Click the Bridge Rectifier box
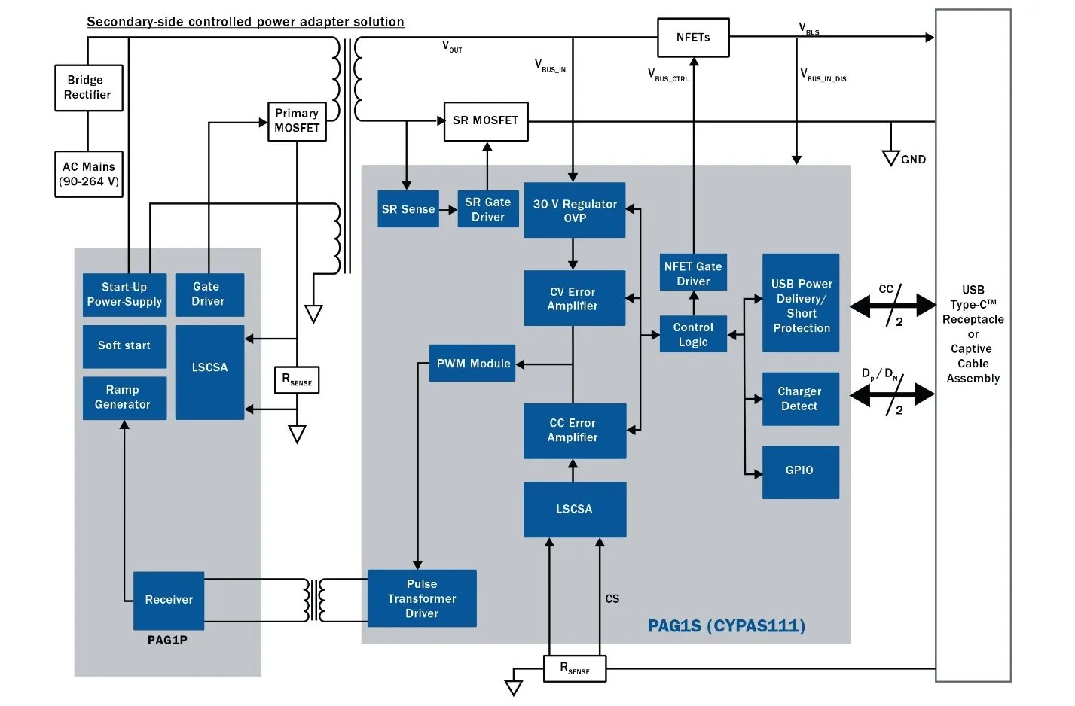point(88,88)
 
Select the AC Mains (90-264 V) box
point(88,174)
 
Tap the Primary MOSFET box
point(297,121)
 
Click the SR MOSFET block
point(486,121)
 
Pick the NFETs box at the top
point(693,38)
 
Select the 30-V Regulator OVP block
point(574,211)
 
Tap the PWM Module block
point(472,364)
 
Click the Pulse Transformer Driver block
point(422,598)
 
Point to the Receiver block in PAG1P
point(169,600)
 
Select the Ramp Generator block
point(124,397)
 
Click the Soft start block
point(124,346)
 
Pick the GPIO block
point(800,471)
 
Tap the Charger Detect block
point(800,399)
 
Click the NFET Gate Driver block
point(693,272)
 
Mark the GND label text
point(913,160)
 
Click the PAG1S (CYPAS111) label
point(726,626)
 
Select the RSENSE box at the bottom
point(574,668)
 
